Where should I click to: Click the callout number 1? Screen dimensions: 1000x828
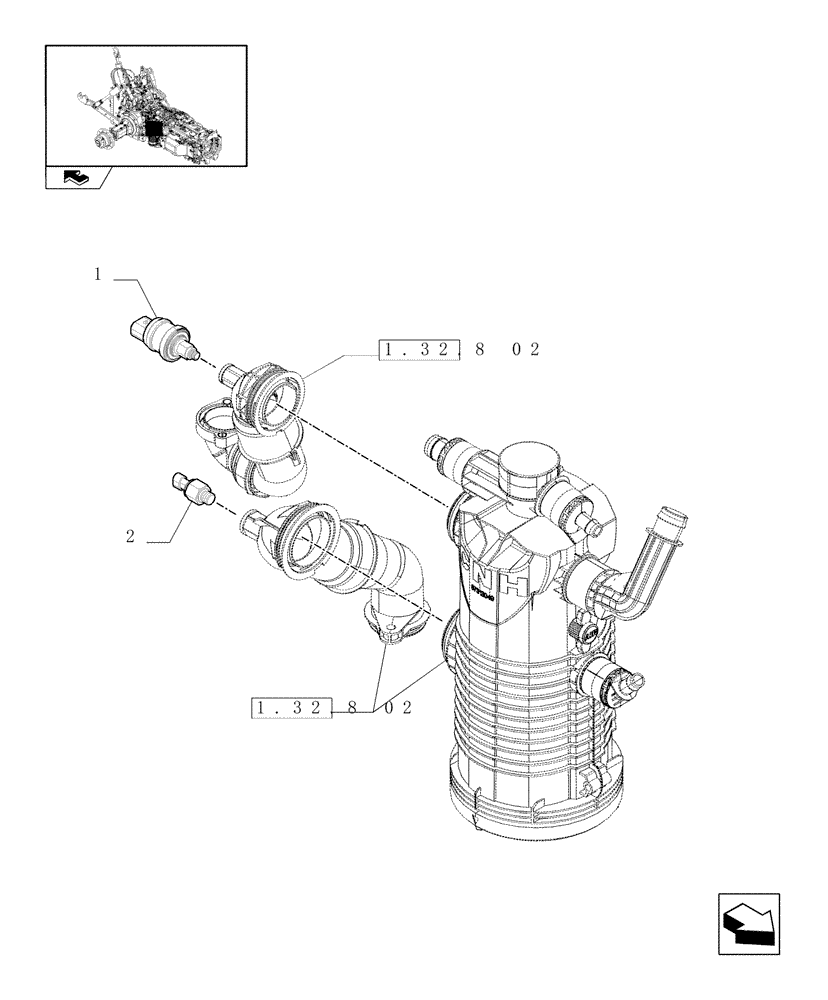point(98,273)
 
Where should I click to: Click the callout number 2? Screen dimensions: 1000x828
point(130,536)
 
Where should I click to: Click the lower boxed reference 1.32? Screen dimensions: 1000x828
point(290,708)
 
